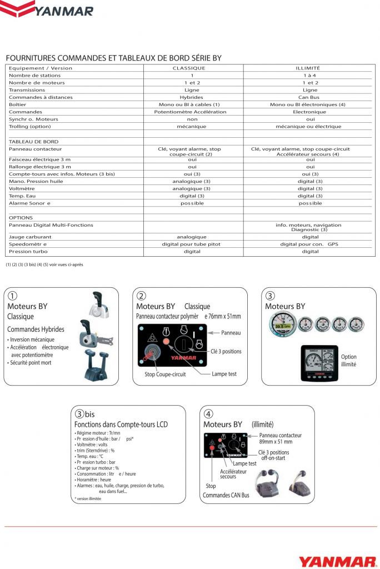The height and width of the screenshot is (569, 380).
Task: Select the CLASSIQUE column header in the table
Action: tap(192, 68)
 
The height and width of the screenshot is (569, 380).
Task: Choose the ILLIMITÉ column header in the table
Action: tap(310, 68)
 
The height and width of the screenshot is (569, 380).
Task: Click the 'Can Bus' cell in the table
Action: tap(310, 97)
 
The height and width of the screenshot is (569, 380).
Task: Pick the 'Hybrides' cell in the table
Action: tap(192, 97)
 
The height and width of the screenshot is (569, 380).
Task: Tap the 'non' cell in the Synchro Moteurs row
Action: tap(192, 119)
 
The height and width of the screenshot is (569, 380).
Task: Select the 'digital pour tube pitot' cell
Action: tap(192, 244)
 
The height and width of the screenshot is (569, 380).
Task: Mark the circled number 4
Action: tap(208, 414)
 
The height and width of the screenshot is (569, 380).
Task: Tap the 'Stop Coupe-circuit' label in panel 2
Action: tap(165, 375)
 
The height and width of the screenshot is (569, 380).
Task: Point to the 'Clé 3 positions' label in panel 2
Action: tap(226, 351)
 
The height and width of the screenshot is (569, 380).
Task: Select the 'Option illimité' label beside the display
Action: tap(349, 361)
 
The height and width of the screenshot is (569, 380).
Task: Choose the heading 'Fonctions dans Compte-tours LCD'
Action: tap(121, 425)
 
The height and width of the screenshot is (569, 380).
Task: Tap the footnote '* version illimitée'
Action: tap(88, 498)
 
